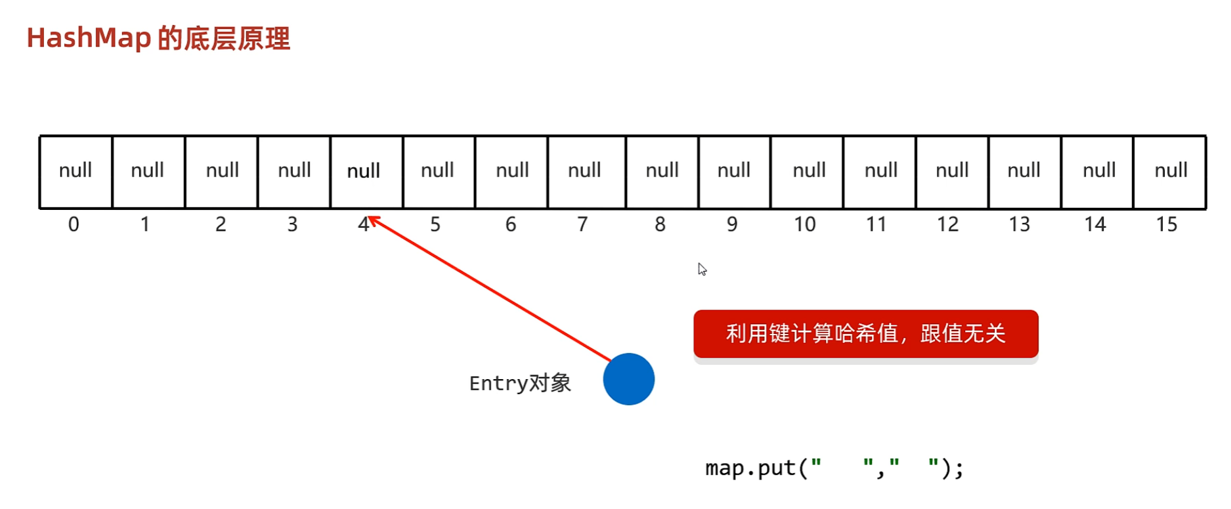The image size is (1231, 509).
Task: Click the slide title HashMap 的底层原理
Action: coord(158,38)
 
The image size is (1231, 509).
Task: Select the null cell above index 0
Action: coord(76,171)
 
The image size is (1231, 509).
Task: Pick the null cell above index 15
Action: coord(1170,171)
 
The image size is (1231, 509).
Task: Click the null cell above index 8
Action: coord(662,171)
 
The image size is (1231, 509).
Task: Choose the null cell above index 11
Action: coord(880,171)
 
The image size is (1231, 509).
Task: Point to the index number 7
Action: coord(582,225)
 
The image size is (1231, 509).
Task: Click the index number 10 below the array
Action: coord(804,225)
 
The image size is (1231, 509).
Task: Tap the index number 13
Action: coord(1019,225)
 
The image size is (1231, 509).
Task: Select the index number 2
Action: coord(221,225)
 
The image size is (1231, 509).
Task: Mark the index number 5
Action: coord(435,225)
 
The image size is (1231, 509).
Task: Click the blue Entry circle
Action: coord(628,379)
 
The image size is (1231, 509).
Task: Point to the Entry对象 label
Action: coord(520,383)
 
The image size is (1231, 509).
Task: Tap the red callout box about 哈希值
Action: coord(865,334)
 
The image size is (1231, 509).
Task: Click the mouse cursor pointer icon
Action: coord(702,269)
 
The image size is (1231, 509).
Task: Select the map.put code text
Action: coord(834,468)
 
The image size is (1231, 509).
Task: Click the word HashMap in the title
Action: coord(89,38)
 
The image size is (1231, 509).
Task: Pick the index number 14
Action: coord(1094,225)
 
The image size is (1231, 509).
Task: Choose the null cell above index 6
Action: coord(512,171)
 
